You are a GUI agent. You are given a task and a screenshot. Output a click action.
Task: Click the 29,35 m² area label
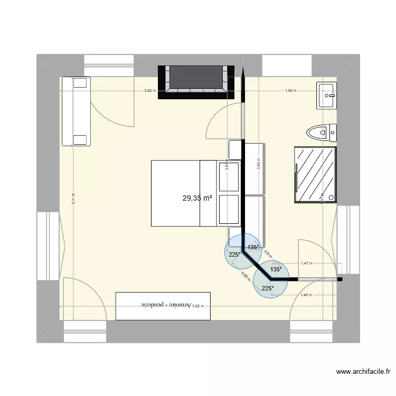pyautogui.click(x=197, y=199)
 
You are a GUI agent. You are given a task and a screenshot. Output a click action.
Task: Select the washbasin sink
pyautogui.click(x=326, y=96)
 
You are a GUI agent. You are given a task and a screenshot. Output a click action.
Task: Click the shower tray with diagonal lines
pyautogui.click(x=315, y=175)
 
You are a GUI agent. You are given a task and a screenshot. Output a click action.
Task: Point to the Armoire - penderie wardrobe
pyautogui.click(x=163, y=306)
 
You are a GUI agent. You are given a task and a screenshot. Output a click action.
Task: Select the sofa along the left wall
pyautogui.click(x=76, y=111)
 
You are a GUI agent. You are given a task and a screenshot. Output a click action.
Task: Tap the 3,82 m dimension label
pyautogui.click(x=150, y=91)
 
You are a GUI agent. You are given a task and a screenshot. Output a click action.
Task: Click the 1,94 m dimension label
pyautogui.click(x=290, y=91)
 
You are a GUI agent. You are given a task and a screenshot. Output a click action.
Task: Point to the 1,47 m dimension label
pyautogui.click(x=306, y=263)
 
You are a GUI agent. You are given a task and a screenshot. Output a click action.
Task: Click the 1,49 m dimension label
pyautogui.click(x=306, y=296)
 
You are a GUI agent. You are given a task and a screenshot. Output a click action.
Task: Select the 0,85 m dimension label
pyautogui.click(x=246, y=276)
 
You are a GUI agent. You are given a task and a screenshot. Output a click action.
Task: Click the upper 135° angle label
pyautogui.click(x=253, y=247)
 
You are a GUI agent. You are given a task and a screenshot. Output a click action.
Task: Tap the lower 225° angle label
pyautogui.click(x=268, y=288)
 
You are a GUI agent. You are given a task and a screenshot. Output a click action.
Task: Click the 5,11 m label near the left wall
pyautogui.click(x=73, y=198)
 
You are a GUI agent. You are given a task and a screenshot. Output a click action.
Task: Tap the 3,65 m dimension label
pyautogui.click(x=259, y=163)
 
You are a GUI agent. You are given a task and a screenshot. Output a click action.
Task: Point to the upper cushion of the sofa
pyautogui.click(x=80, y=82)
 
